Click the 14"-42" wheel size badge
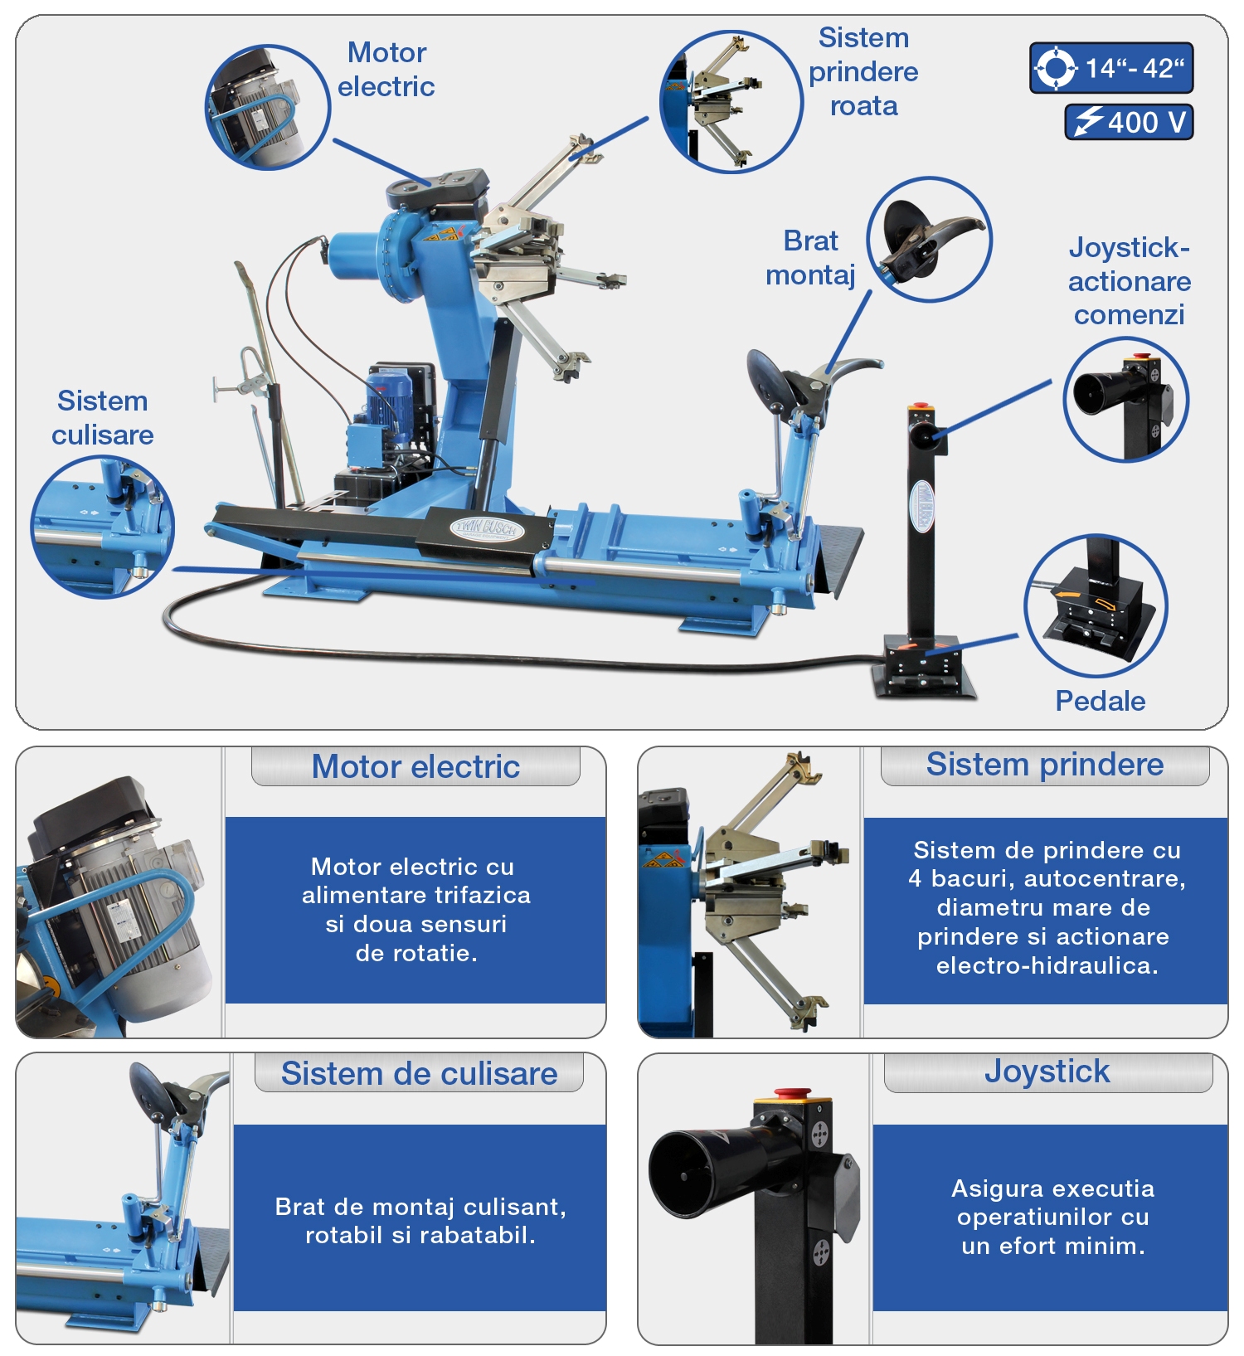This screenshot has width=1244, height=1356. coord(1111,68)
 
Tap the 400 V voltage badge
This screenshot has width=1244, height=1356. coord(1129,122)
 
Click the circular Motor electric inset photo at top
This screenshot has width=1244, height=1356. coord(267,107)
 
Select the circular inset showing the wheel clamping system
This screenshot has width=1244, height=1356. coord(731,101)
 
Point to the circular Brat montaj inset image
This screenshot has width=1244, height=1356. coord(929,239)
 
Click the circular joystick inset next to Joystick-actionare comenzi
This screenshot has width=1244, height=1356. coord(1126,399)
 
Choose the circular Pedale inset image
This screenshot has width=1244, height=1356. coord(1096,605)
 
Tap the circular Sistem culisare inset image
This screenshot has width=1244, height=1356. coord(103,527)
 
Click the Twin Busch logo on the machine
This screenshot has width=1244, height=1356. coord(487,528)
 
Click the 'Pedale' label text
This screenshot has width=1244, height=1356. coord(1100,701)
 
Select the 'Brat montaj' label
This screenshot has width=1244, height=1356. coord(810,257)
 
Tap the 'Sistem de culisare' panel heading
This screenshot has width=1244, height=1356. coord(419,1073)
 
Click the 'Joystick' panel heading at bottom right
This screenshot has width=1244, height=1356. coord(1047,1071)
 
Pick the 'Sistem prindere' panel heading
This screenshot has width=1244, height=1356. coord(1045,764)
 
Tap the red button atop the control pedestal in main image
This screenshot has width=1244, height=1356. coord(920,406)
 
